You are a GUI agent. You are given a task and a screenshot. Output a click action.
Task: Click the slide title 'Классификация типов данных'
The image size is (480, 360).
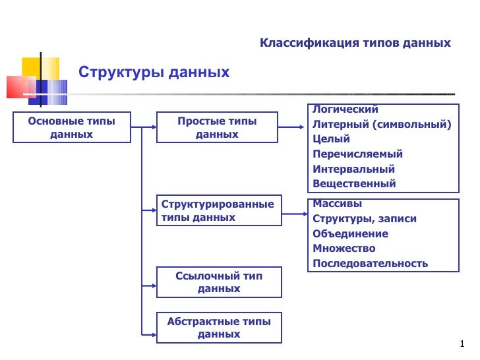355,44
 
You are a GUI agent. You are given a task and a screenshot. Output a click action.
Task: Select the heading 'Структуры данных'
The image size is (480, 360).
154,72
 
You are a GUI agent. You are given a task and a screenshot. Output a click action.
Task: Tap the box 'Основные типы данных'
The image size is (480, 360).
71,127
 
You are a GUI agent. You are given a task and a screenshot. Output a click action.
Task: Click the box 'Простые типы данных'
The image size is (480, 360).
217,127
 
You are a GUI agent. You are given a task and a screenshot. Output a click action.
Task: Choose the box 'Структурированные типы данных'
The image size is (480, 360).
218,210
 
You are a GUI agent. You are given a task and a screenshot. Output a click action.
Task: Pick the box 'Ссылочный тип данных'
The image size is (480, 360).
219,282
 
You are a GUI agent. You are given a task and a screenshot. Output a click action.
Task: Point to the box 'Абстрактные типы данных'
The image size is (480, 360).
219,328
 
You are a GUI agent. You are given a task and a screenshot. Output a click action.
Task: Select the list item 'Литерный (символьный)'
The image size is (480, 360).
382,124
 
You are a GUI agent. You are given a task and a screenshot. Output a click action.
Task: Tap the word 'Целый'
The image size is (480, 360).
332,139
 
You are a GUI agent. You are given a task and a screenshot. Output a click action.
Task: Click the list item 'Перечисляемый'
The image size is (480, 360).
357,154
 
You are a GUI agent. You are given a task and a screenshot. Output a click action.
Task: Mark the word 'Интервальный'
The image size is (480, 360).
353,169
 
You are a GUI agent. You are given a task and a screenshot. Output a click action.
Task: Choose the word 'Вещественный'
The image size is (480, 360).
354,184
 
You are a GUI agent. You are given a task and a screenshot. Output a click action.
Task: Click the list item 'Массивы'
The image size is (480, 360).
337,204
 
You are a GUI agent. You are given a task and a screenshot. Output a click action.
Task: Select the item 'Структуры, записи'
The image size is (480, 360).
365,219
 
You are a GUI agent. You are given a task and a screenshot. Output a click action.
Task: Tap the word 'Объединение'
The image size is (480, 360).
350,233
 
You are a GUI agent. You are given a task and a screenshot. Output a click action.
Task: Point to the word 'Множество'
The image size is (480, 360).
344,249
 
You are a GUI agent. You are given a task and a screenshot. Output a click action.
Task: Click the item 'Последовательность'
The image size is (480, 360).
370,264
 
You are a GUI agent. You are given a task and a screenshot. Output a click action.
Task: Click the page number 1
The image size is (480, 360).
463,343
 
